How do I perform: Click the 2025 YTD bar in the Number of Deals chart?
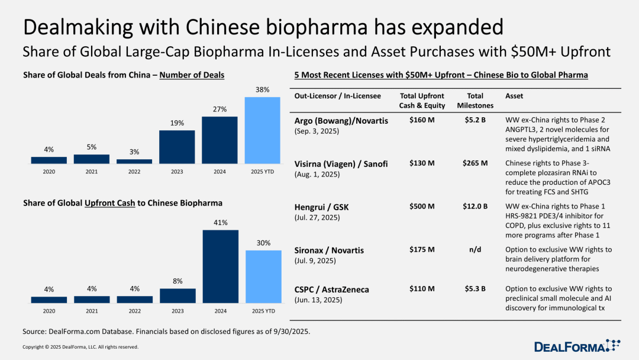coord(262,130)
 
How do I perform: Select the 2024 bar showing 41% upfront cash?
coord(220,266)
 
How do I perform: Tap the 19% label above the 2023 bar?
coord(177,123)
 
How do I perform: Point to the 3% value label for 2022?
coord(134,152)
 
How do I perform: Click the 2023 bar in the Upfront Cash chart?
coord(177,295)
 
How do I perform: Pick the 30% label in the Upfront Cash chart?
coord(263,243)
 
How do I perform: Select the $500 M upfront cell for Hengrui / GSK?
coord(422,207)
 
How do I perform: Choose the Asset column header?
coord(515,96)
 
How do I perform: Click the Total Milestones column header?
coord(471,101)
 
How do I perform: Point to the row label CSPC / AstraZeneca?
coord(331,290)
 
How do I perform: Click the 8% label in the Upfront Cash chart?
coord(177,281)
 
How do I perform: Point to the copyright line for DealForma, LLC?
coord(80,347)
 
